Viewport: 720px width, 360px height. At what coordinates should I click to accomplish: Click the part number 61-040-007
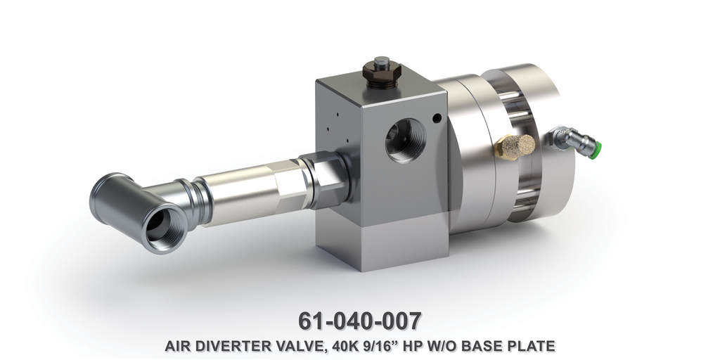[x=360, y=320]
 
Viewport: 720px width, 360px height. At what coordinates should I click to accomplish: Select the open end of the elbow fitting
[x=162, y=227]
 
